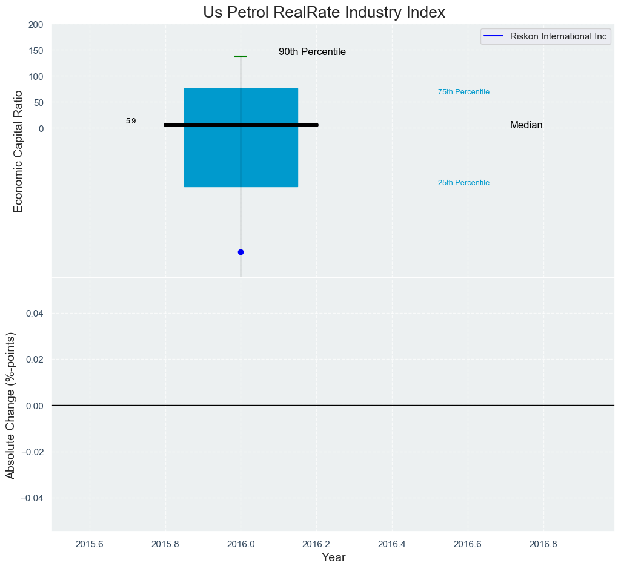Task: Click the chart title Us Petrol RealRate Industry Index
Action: click(x=324, y=12)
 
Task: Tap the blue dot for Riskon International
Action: click(x=241, y=252)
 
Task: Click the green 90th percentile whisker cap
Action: click(x=241, y=56)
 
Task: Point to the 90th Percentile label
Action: click(x=312, y=52)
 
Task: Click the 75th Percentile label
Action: click(x=463, y=92)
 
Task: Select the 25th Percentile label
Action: click(x=463, y=183)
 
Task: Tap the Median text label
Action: click(x=526, y=125)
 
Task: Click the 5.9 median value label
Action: click(x=131, y=121)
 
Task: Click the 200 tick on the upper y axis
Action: click(x=36, y=25)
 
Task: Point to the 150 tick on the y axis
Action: click(x=36, y=50)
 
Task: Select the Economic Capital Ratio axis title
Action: click(x=18, y=151)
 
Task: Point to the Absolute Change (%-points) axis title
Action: click(x=10, y=405)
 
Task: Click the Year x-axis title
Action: click(x=333, y=557)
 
